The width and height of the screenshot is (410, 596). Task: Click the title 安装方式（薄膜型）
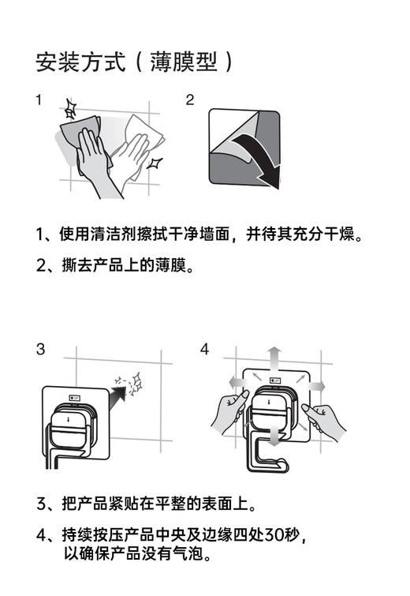(x=135, y=62)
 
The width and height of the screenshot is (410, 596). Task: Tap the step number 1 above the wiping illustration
(x=39, y=100)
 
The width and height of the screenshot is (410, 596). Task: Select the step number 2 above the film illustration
(x=189, y=100)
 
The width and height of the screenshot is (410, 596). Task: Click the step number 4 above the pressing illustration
(x=204, y=349)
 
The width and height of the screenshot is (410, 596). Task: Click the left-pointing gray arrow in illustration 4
(x=233, y=383)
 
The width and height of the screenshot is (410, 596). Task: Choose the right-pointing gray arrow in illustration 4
(x=315, y=384)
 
